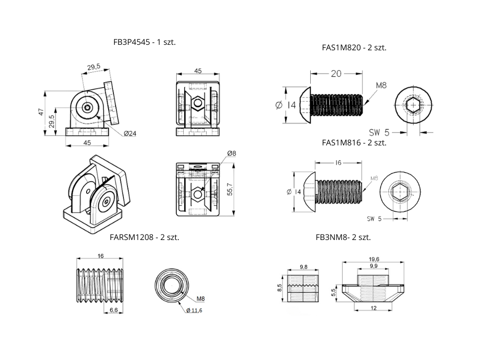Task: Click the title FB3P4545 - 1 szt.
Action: point(144,42)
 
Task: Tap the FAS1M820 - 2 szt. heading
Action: point(354,48)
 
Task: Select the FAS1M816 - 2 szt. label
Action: point(354,142)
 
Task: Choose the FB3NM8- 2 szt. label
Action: point(343,237)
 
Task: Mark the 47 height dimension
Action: point(41,113)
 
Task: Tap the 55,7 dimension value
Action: point(230,190)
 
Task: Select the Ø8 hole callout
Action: point(231,153)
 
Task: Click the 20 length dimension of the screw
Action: point(336,74)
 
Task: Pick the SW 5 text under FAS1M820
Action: point(379,132)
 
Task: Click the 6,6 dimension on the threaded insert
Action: point(114,310)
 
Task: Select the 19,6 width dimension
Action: point(374,259)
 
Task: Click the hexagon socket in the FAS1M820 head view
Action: point(413,105)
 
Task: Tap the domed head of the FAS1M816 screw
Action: point(306,192)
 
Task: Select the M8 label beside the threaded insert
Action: point(201,299)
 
